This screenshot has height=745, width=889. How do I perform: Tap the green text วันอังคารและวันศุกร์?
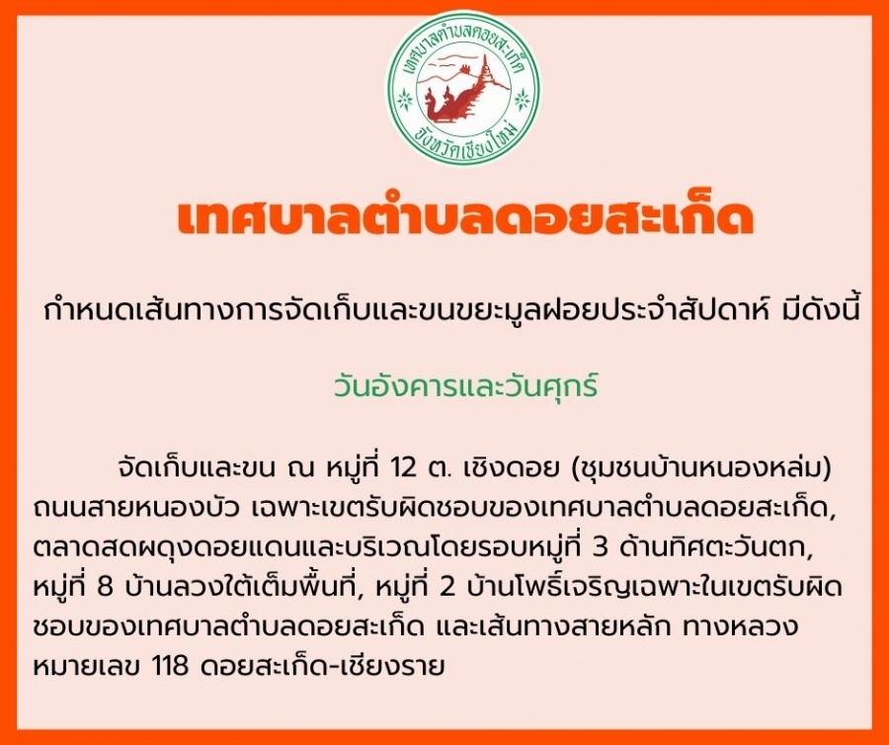465,387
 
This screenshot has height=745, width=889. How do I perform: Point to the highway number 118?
171,665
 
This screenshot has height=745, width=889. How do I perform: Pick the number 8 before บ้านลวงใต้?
106,587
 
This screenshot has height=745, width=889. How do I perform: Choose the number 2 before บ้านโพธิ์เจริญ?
447,587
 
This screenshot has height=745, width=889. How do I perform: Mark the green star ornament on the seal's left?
404,101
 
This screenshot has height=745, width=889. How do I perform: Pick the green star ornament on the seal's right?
523,101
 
